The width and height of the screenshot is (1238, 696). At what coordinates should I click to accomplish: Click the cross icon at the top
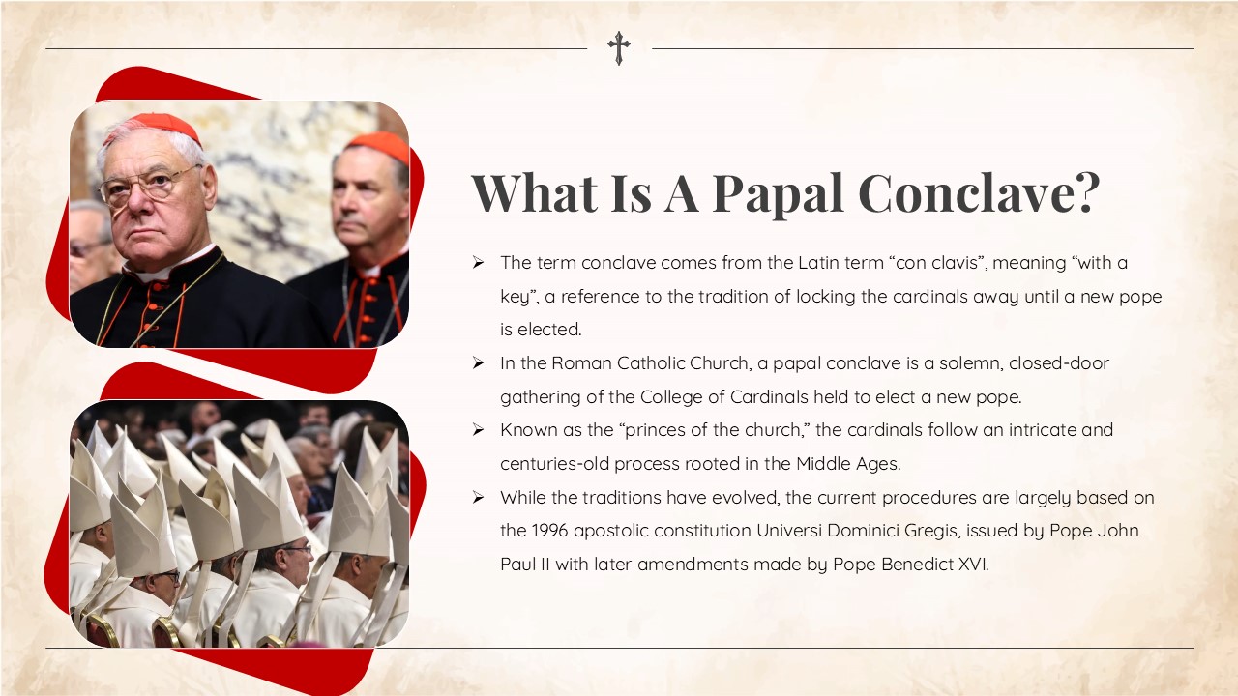pos(619,47)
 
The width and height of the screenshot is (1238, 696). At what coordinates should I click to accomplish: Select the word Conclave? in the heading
pos(979,192)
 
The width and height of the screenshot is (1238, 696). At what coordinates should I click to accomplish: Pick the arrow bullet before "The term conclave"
pos(478,263)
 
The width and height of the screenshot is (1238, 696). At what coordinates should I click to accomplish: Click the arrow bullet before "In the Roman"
pos(478,363)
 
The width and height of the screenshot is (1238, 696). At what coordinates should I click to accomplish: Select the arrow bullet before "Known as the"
pos(478,430)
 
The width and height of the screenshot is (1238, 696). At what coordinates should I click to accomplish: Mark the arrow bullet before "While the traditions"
pos(478,498)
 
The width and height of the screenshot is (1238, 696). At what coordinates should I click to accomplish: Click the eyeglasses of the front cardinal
pos(150,184)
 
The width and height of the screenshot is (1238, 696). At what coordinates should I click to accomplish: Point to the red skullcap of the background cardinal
pos(379,145)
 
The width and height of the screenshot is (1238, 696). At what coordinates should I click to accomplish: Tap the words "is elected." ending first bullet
pos(541,330)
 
